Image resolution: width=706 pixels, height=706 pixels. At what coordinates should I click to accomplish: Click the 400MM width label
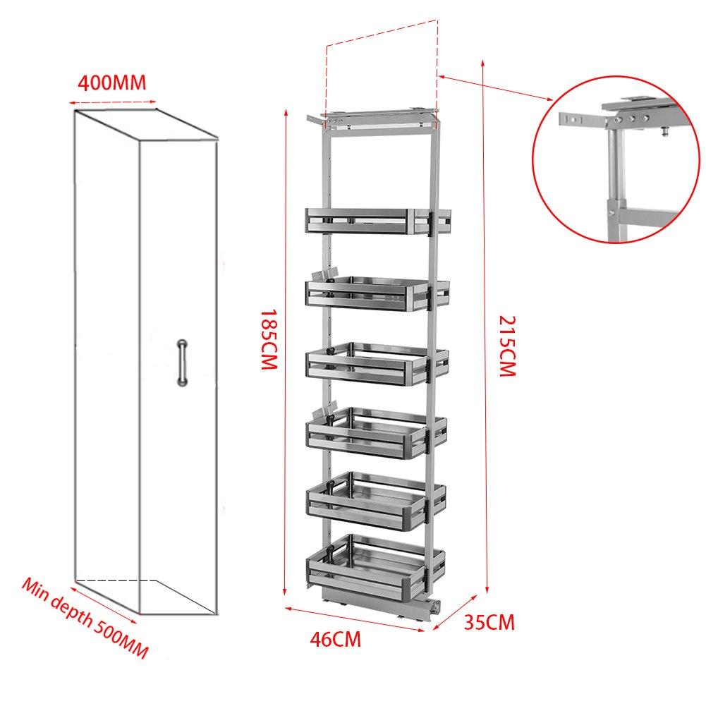(111, 83)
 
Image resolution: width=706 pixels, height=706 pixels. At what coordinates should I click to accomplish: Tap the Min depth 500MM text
(85, 619)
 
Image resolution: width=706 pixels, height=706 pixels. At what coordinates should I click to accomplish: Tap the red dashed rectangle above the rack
(382, 71)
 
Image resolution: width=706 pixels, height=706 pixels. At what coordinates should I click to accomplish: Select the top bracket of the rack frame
(374, 115)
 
